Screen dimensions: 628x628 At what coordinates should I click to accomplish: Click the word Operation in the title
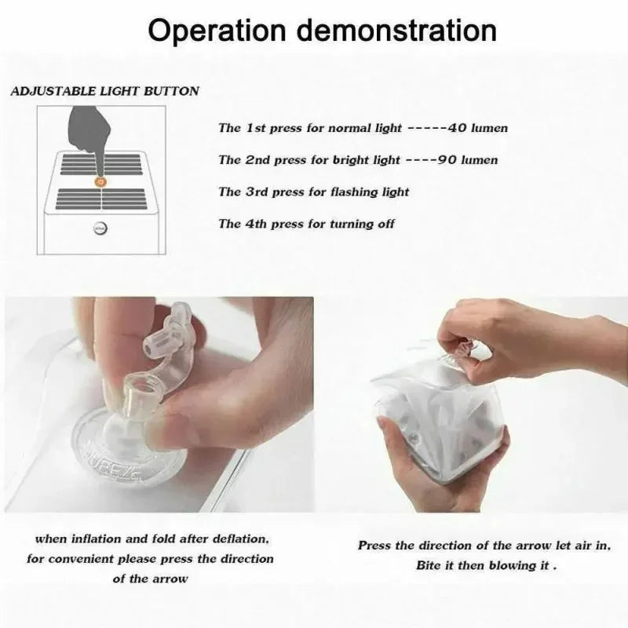(x=217, y=31)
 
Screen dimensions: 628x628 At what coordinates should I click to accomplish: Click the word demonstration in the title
(x=396, y=30)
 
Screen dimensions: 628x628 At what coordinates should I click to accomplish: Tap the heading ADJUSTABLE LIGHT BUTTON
(x=104, y=91)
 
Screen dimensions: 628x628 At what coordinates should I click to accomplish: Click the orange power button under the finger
(x=100, y=182)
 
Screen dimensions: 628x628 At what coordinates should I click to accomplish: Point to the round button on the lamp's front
(x=100, y=228)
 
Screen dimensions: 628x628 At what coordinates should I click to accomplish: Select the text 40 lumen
(x=477, y=128)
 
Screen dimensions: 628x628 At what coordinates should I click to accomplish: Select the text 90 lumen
(x=467, y=160)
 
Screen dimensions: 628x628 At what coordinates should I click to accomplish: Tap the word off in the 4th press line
(x=386, y=224)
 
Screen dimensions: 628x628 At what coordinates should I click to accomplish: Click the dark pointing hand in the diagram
(x=89, y=135)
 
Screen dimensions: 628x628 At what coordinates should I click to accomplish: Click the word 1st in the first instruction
(x=256, y=128)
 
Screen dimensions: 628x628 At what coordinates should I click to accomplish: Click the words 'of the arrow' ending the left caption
(x=150, y=579)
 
